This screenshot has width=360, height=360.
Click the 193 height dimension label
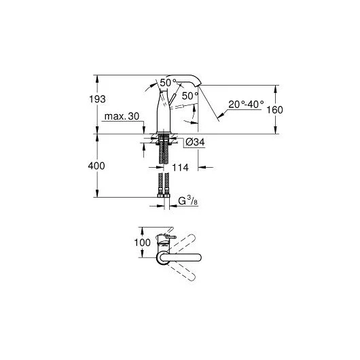coord(97,99)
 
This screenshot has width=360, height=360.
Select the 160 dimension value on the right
coord(274,110)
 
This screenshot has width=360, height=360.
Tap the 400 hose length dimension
coord(96,166)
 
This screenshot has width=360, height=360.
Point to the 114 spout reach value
coord(180,168)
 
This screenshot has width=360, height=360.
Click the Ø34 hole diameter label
coord(195,143)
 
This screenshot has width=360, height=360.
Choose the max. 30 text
coord(122,116)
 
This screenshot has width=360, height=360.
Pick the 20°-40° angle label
coord(246,105)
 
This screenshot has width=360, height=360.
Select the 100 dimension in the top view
coord(143,242)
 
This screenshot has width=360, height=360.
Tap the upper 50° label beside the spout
coord(168,83)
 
